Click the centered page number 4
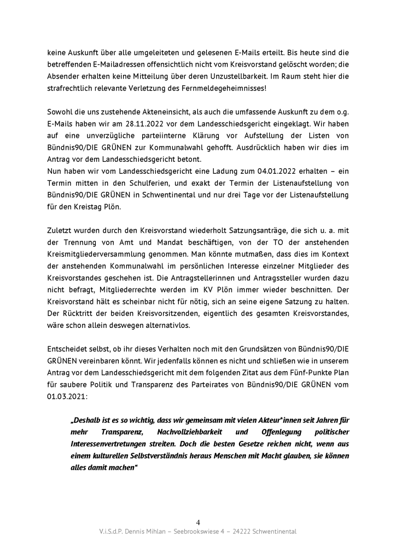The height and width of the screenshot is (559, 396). pos(198,522)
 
